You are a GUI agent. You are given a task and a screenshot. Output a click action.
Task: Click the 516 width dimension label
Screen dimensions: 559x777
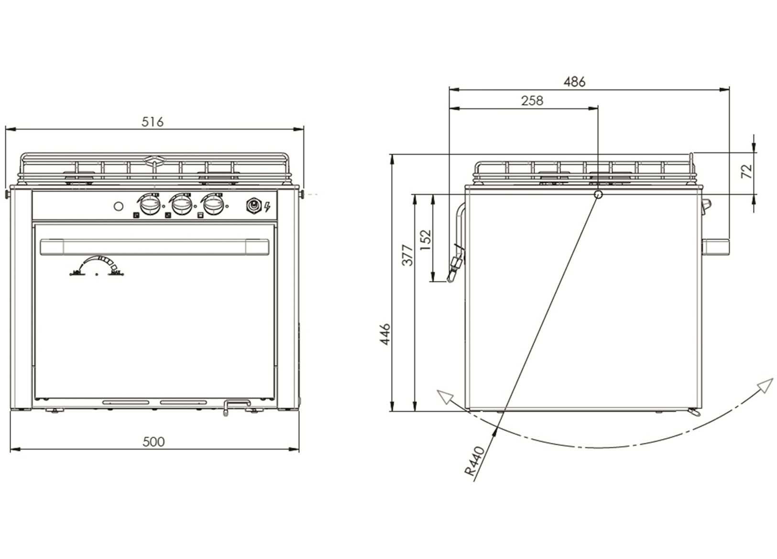[153, 122]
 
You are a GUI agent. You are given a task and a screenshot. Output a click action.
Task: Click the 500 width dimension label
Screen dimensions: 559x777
[153, 441]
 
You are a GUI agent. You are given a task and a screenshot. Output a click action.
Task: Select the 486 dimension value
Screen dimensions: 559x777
[574, 82]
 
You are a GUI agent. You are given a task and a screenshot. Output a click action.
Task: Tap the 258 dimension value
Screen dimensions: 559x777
[532, 101]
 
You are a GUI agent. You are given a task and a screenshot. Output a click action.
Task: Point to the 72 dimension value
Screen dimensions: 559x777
[747, 171]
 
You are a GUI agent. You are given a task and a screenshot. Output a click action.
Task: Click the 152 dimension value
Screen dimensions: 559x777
[426, 237]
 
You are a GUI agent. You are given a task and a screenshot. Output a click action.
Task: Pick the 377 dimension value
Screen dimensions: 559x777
[407, 255]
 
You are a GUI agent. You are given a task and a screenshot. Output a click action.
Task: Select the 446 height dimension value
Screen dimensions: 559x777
[385, 334]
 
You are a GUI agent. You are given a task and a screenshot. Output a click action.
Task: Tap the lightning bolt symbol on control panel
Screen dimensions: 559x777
[267, 207]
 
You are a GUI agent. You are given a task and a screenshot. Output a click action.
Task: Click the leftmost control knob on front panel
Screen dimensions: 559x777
[151, 205]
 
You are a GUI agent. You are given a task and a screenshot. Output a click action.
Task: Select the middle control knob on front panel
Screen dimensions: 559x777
[182, 205]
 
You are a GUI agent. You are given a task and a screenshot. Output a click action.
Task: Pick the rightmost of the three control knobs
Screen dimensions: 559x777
[213, 205]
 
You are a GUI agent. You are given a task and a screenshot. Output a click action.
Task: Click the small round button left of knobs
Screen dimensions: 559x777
[118, 206]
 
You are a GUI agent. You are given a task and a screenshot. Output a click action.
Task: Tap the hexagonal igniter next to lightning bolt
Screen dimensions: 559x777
[253, 206]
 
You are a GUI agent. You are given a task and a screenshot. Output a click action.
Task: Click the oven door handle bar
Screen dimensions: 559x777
[154, 247]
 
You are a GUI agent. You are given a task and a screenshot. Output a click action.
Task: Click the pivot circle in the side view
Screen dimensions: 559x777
[598, 194]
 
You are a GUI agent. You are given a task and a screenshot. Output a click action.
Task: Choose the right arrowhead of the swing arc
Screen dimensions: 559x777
[766, 385]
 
